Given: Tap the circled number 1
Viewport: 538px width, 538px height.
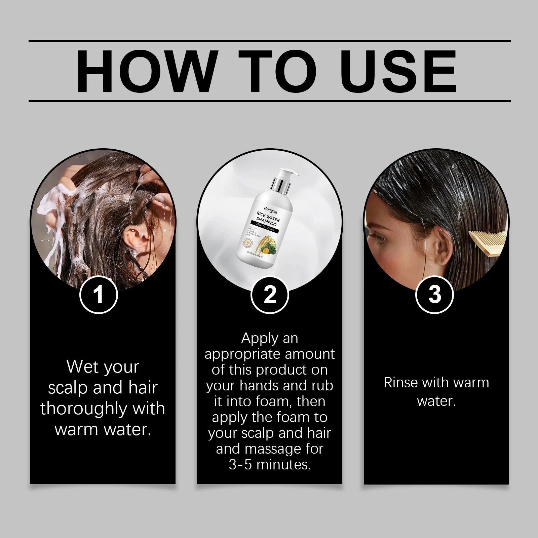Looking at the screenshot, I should pos(98,295).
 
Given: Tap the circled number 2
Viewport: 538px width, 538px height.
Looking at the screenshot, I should pos(270,295).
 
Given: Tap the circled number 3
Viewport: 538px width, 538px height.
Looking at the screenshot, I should pos(434,295).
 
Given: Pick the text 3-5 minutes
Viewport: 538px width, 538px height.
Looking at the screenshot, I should pos(270,465).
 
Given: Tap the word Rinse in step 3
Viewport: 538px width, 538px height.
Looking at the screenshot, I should pos(400,383).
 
